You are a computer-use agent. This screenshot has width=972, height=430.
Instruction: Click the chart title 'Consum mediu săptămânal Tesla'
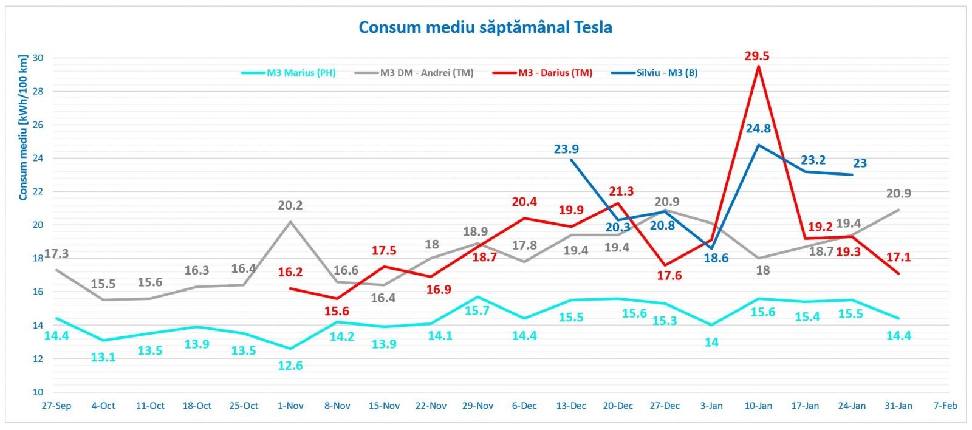pyautogui.click(x=485, y=27)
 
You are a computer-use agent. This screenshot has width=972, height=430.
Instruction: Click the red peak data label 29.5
pyautogui.click(x=757, y=56)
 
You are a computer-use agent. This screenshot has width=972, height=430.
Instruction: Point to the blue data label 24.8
pyautogui.click(x=758, y=128)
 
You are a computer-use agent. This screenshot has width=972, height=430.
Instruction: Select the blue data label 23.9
pyautogui.click(x=566, y=149)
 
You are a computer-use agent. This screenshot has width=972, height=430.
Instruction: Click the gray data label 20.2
pyautogui.click(x=290, y=205)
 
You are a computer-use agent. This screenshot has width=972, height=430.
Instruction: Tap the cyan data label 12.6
pyautogui.click(x=290, y=366)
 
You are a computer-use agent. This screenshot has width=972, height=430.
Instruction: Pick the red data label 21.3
pyautogui.click(x=621, y=191)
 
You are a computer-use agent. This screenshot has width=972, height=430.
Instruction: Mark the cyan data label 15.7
pyautogui.click(x=477, y=311)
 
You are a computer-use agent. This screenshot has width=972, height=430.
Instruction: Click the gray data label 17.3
pyautogui.click(x=56, y=253)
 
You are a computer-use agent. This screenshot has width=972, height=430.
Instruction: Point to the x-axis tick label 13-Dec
pyautogui.click(x=571, y=406)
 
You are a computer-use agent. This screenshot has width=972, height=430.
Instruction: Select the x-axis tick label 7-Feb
pyautogui.click(x=945, y=406)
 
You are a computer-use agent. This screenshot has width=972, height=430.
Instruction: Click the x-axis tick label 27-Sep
pyautogui.click(x=56, y=406)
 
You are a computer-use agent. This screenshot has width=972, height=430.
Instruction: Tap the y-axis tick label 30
pyautogui.click(x=38, y=58)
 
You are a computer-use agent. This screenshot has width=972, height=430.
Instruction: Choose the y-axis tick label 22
pyautogui.click(x=38, y=192)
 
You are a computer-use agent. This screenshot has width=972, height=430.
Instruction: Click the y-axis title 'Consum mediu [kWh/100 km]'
pyautogui.click(x=23, y=128)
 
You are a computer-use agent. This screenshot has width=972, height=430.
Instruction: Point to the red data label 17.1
pyautogui.click(x=898, y=258)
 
